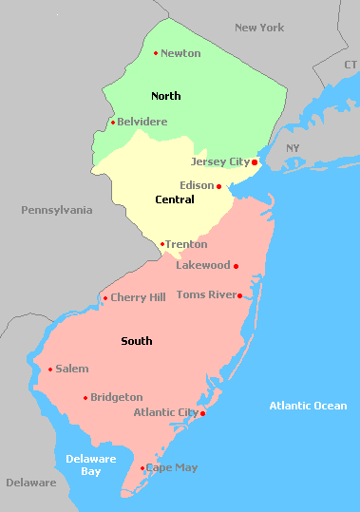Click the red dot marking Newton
point(156,53)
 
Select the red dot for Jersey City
point(255,162)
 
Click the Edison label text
point(197,186)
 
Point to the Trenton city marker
point(162,244)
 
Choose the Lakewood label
point(202,265)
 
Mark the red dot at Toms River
point(239,295)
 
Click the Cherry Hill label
point(138,297)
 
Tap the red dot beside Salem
point(50,370)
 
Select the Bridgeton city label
point(117,397)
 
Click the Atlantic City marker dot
point(202,413)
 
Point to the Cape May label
point(171,468)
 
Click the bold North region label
point(165,96)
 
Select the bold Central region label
point(174,199)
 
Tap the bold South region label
point(137,341)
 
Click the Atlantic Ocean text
point(308,406)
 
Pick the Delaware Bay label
point(90,465)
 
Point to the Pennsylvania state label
point(57,209)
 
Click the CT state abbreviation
point(351,64)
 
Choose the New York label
point(259,28)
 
